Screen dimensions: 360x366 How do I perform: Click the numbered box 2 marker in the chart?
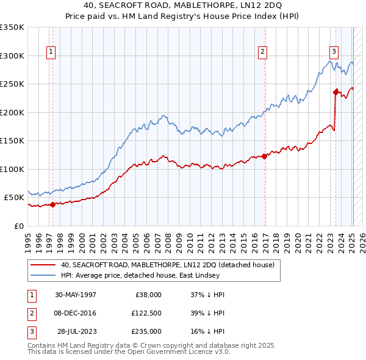262,52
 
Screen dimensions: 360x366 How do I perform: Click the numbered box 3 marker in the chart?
334,52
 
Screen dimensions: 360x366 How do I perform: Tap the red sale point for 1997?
52,204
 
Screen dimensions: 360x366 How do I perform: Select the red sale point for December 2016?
264,156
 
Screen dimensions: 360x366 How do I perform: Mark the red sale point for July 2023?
335,92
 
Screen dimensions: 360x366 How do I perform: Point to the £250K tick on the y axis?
12,84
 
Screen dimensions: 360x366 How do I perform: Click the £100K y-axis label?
12,169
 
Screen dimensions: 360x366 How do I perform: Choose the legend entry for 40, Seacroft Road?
168,265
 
